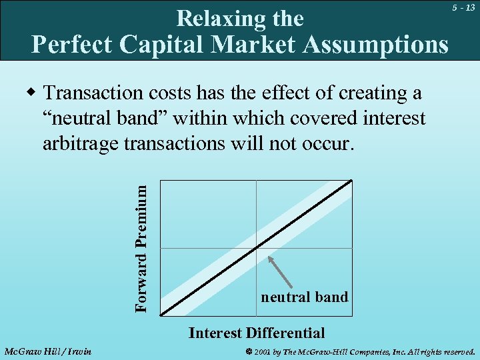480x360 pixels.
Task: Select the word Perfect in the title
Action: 73,44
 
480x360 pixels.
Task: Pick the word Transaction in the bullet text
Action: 96,93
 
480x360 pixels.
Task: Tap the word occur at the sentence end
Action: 327,143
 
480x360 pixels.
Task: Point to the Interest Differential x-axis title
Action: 257,333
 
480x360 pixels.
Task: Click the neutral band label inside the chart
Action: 304,297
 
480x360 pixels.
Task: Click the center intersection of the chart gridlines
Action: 257,248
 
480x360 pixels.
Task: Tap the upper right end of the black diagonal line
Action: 350,182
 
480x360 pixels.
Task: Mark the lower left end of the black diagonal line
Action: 163,313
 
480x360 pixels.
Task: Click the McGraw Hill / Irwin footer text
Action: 48,351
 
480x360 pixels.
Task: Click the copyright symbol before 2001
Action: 248,351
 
